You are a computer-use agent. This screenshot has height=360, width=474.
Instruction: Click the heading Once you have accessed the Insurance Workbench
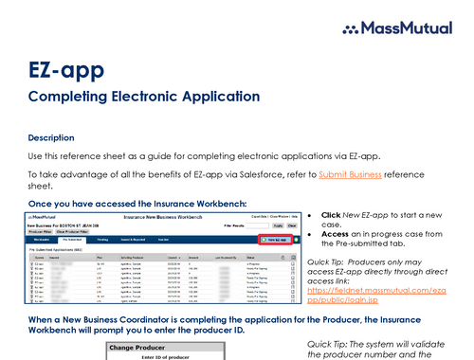pyautogui.click(x=137, y=203)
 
